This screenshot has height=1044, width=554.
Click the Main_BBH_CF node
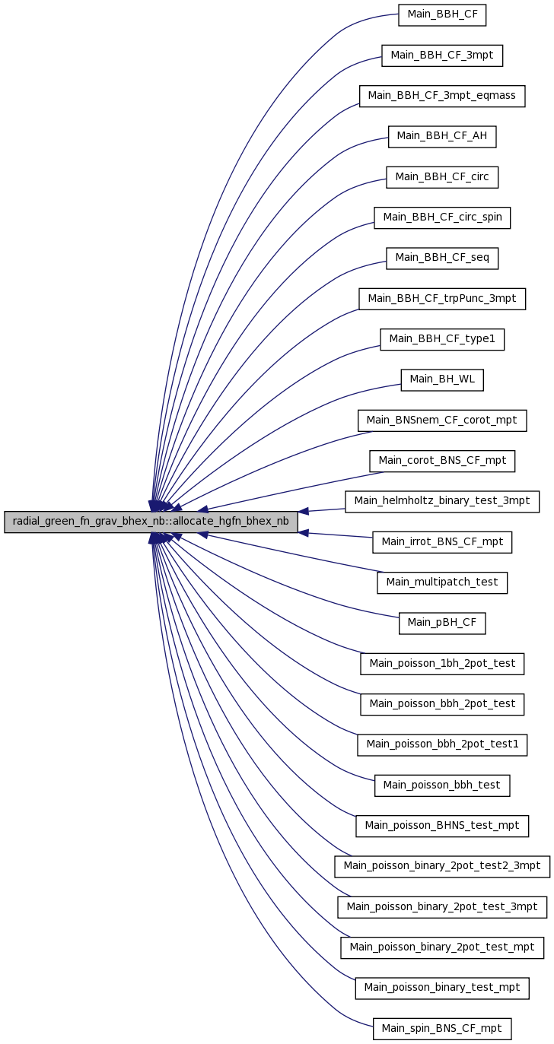tap(442, 15)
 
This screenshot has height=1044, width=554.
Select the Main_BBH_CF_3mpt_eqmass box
tap(442, 96)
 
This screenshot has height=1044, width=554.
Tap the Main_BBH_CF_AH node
tap(442, 137)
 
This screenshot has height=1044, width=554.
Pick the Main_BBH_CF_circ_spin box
tap(442, 217)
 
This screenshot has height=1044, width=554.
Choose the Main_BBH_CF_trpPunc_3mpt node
tap(442, 299)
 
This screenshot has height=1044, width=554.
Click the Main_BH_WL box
tap(442, 380)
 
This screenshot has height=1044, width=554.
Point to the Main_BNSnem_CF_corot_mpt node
tap(442, 420)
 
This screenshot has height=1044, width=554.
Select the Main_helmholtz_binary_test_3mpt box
tap(442, 502)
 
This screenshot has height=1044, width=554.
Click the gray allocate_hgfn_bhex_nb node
tap(151, 522)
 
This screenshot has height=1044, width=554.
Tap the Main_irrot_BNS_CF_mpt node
tap(442, 542)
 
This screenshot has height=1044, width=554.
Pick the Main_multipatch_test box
tap(442, 582)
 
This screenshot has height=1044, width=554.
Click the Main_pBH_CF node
tap(442, 624)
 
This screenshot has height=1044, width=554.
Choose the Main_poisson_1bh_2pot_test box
tap(442, 664)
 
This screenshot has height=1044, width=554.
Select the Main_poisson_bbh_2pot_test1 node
tap(442, 744)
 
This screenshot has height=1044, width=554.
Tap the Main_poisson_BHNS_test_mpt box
tap(442, 826)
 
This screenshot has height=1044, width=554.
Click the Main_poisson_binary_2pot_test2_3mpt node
tap(442, 866)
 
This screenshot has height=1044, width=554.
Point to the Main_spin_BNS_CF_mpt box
tap(442, 1029)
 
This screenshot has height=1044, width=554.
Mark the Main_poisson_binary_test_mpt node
tap(442, 988)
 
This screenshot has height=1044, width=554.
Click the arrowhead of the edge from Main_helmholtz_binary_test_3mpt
tap(303, 511)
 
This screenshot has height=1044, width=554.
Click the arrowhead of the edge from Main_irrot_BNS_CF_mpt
tap(303, 532)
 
